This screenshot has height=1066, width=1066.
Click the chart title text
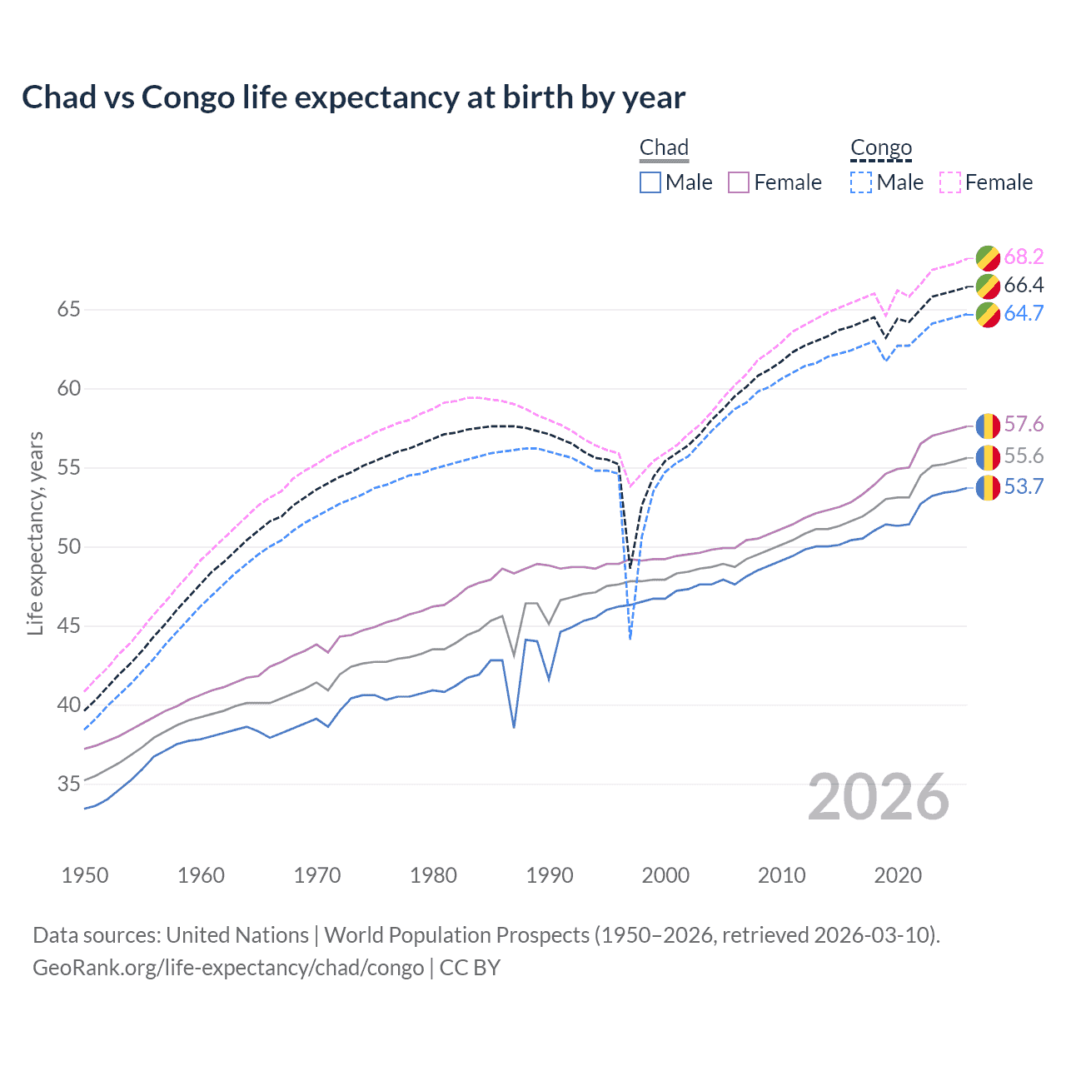pos(353,97)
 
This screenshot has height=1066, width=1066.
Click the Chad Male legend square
pos(650,182)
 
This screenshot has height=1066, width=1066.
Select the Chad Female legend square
pos(739,182)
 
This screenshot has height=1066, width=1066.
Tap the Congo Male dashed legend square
pos(861,182)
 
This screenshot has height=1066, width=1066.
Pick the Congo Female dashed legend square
pos(950,182)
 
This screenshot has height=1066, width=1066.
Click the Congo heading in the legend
pos(881,148)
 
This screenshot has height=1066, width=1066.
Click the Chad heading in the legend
pos(664,148)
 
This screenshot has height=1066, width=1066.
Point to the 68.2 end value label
pos(1024,257)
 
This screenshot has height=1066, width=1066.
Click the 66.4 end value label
pos(1024,286)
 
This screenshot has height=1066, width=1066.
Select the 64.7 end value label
pos(1024,314)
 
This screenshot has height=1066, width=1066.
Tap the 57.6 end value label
pos(1024,425)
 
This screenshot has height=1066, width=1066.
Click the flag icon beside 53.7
pos(988,487)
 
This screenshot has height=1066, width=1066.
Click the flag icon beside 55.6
pos(988,456)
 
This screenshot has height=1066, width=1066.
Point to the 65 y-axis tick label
pos(69,310)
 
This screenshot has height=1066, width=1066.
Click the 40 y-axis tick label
pos(69,705)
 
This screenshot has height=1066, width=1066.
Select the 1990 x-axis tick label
pos(550,875)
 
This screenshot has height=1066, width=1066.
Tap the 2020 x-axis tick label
pos(898,875)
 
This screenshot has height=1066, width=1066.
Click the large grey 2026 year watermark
pos(879,797)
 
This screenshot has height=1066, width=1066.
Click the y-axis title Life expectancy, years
pos(36,533)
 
